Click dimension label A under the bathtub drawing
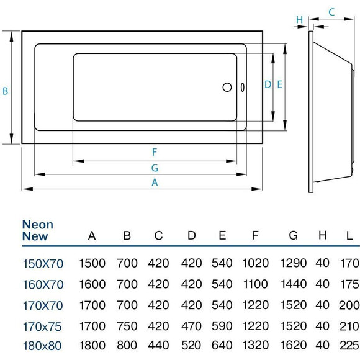[155, 182]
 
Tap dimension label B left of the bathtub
[5, 91]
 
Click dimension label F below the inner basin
[155, 152]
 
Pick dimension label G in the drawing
[155, 168]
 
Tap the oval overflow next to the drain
[241, 88]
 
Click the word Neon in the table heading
[37, 224]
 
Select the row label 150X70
[42, 263]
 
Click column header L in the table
[349, 236]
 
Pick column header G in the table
[294, 236]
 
